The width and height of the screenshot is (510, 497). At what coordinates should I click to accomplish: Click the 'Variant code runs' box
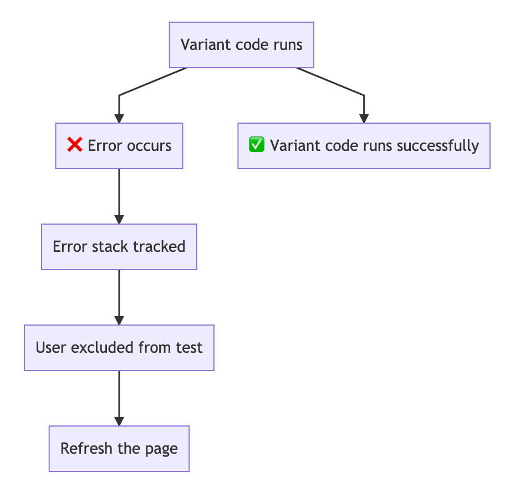tap(241, 45)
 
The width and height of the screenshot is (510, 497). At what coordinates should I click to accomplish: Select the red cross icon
tap(74, 145)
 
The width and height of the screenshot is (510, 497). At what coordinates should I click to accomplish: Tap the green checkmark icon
tap(257, 145)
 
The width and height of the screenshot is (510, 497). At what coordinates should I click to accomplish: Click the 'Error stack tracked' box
tap(119, 247)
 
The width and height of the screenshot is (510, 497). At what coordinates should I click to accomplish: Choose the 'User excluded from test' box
tap(119, 348)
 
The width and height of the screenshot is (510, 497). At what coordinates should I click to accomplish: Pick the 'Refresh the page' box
tap(119, 449)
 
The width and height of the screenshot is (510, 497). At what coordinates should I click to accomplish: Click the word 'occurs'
tap(149, 146)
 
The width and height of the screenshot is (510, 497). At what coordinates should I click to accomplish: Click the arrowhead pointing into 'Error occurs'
tap(119, 118)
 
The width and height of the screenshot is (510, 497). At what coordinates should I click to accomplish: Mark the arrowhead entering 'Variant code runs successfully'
tap(364, 118)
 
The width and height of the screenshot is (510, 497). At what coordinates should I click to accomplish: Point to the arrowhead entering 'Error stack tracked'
tap(119, 219)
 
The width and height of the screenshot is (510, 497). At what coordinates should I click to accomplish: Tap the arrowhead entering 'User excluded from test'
tap(119, 319)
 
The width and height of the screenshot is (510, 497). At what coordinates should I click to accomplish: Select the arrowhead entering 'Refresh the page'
tap(119, 420)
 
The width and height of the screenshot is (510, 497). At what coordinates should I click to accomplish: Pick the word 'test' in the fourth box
tap(190, 348)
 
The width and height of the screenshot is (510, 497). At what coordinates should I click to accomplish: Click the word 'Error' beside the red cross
tap(105, 146)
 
